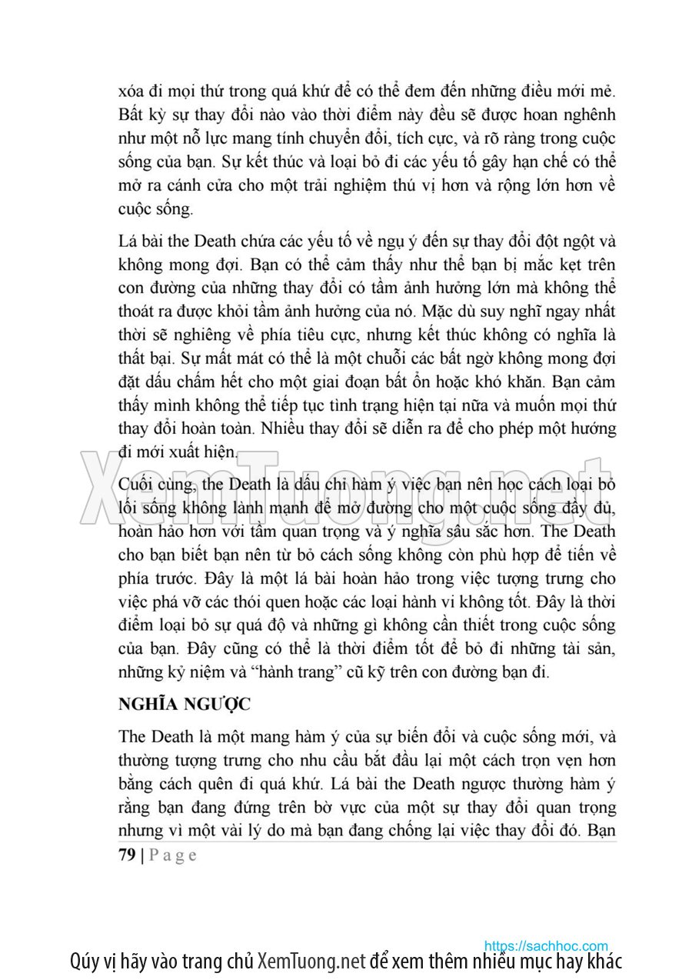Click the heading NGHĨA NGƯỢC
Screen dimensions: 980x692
click(185, 704)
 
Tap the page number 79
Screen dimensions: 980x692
click(127, 855)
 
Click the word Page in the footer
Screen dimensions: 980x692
click(172, 855)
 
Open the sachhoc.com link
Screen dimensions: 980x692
click(546, 945)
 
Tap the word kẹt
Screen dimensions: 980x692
click(564, 265)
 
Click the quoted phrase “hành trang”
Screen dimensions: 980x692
click(310, 672)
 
